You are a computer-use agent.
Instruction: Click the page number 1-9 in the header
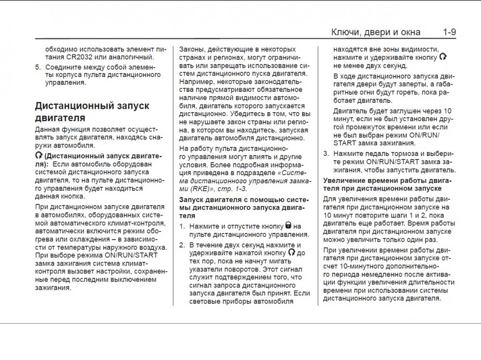click(x=449, y=33)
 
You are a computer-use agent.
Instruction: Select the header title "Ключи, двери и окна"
click(x=376, y=33)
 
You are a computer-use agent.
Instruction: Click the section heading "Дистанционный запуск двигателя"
click(x=92, y=111)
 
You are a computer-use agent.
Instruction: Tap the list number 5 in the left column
click(x=38, y=67)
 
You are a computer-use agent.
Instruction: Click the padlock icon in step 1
click(x=288, y=225)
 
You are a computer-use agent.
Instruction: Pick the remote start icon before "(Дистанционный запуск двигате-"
click(x=38, y=156)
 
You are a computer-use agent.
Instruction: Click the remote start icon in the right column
click(x=443, y=57)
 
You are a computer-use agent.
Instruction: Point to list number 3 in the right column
click(x=326, y=153)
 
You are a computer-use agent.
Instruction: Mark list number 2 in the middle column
click(x=182, y=244)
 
